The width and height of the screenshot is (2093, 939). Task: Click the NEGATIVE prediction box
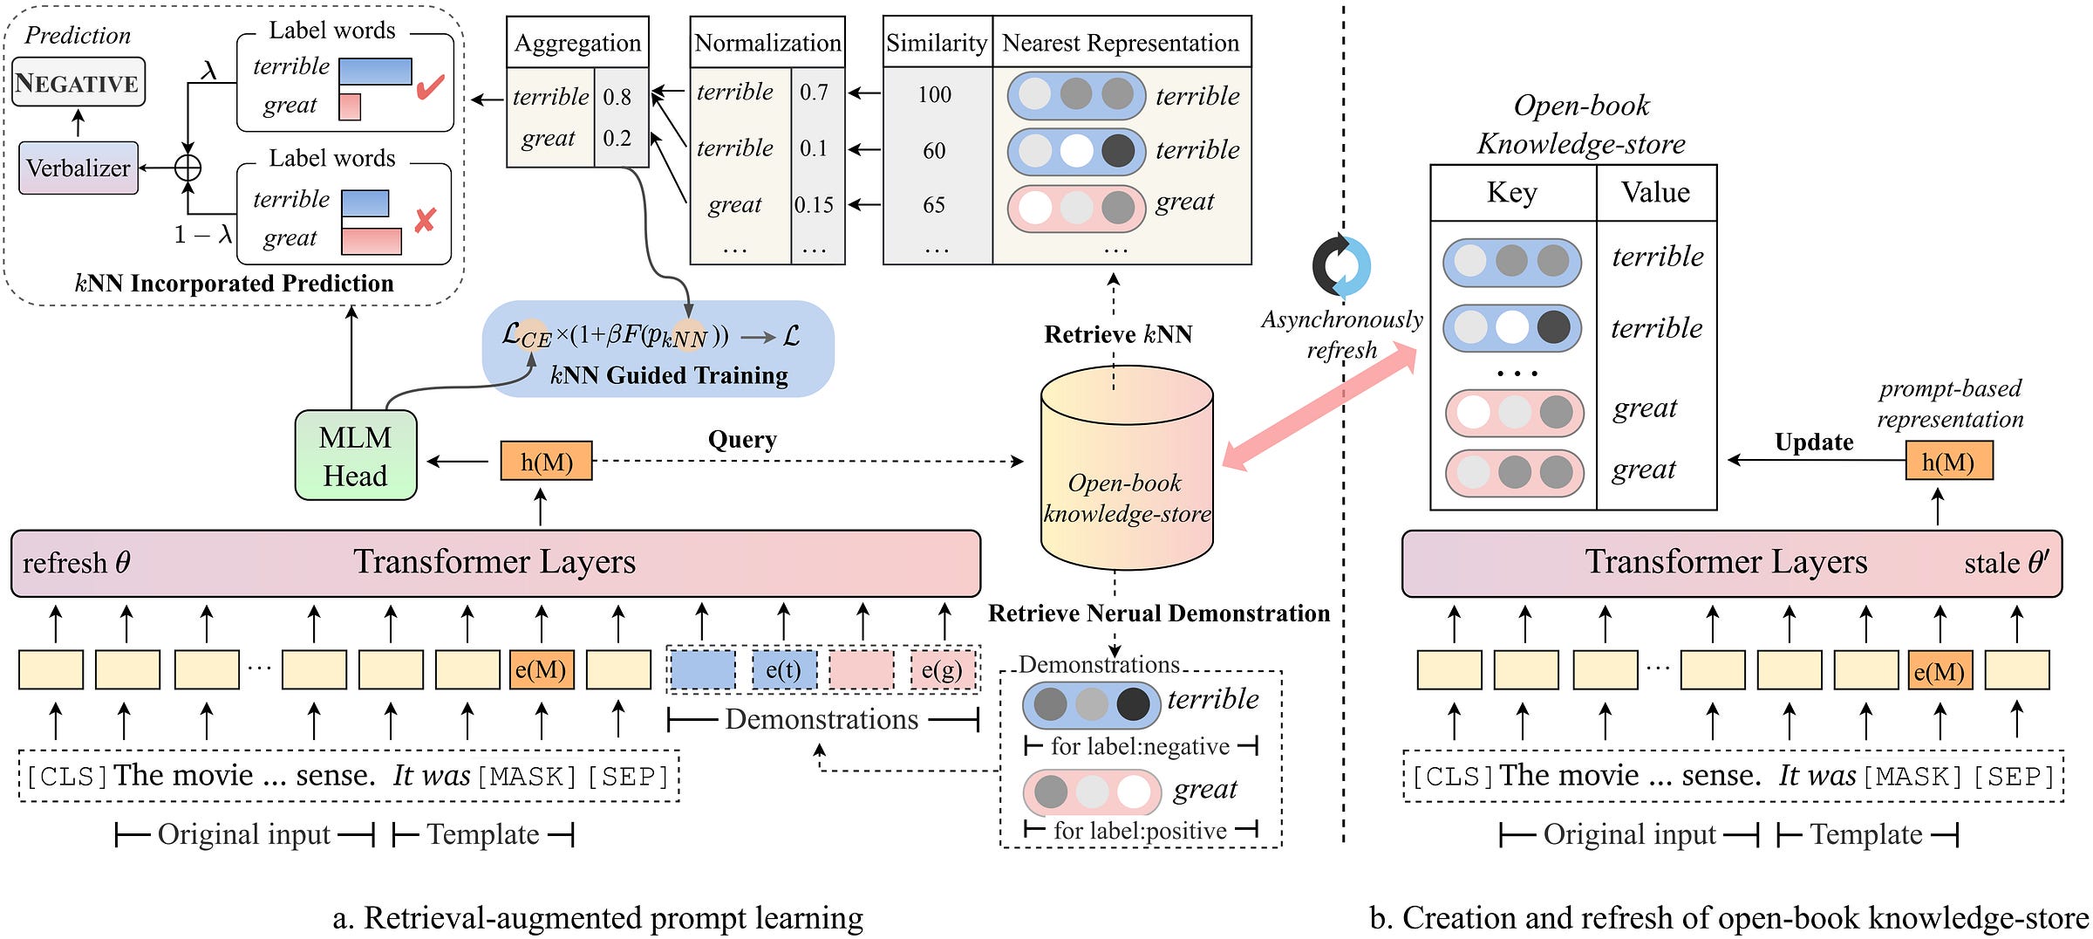78,82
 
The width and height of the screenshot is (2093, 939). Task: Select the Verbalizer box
78,168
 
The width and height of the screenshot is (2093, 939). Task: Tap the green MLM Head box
356,456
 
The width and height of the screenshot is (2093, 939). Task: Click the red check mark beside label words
431,86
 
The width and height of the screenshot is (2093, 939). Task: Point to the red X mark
425,220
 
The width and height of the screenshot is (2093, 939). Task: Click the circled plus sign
187,168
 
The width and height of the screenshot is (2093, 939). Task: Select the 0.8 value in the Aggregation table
617,96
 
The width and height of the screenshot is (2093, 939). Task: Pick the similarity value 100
935,94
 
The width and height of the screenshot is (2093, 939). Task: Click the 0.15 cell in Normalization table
814,204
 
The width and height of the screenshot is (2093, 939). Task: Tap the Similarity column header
937,42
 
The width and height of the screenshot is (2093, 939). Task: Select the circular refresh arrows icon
1341,265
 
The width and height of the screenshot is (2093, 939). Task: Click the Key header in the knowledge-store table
1512,192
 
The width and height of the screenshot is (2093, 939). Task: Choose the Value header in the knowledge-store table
1655,192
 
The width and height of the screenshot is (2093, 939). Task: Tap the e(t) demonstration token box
783,669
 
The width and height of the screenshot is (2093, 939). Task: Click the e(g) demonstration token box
942,669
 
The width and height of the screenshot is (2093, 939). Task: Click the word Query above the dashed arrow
742,439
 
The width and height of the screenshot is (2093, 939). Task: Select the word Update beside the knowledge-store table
1814,442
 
